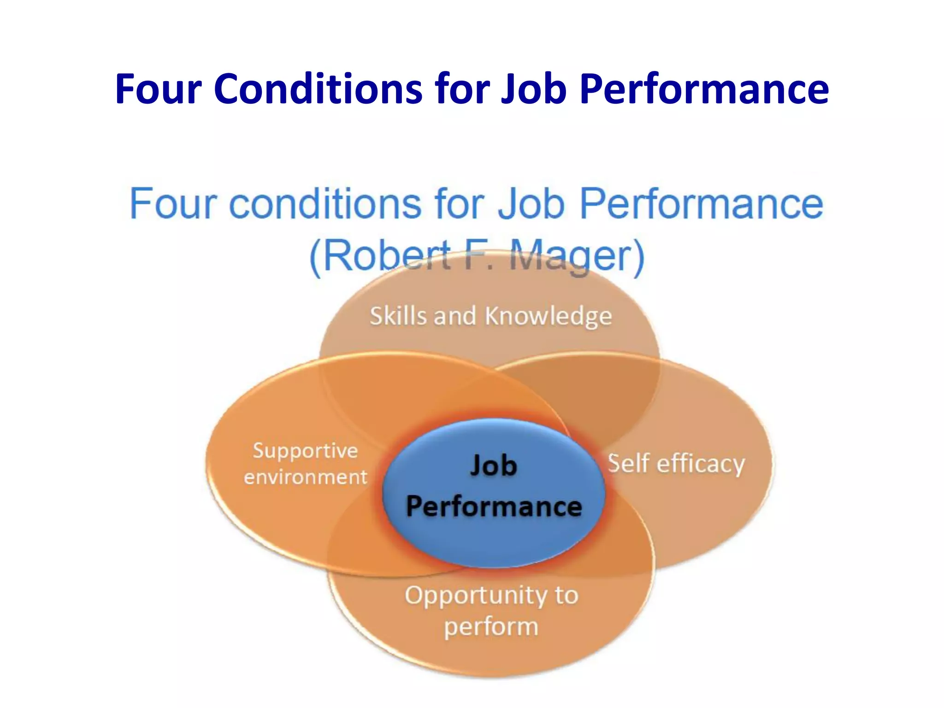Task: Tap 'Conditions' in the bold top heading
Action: tap(318, 88)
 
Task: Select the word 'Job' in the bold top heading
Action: tap(533, 88)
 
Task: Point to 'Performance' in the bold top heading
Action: tap(704, 88)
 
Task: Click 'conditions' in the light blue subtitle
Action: tap(325, 204)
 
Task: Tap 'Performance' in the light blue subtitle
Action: tap(701, 204)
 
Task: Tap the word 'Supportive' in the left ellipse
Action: tap(305, 451)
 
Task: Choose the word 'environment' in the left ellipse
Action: tap(305, 477)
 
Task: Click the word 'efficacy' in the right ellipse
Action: tap(700, 464)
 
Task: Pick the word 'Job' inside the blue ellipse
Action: tap(493, 466)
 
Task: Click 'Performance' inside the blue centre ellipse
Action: tap(494, 507)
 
